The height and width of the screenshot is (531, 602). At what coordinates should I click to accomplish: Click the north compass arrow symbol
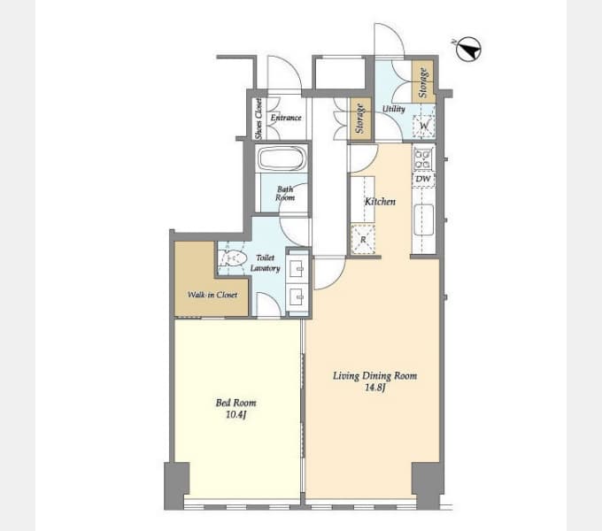tap(469, 50)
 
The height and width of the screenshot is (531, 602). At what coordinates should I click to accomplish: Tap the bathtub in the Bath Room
tap(282, 158)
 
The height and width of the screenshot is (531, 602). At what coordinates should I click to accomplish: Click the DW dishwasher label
tap(423, 179)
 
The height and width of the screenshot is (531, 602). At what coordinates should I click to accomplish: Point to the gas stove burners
tap(422, 159)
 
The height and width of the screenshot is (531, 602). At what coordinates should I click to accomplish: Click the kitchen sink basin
tap(424, 219)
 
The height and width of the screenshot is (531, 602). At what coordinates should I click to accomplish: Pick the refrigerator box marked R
tap(363, 240)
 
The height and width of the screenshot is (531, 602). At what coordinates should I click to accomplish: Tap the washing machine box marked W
tap(424, 126)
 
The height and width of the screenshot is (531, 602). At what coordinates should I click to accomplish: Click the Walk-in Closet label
tap(212, 295)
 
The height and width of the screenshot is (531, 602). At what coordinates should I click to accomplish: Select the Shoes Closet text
tap(259, 119)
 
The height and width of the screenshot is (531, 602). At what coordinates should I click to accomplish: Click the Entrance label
tap(286, 118)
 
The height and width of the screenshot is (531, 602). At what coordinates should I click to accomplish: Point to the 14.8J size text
tap(375, 388)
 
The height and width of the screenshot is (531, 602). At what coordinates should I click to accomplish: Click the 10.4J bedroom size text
tap(235, 414)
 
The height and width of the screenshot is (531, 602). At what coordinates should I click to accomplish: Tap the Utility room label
tap(394, 109)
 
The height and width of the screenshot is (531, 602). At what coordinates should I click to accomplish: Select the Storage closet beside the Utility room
tap(423, 81)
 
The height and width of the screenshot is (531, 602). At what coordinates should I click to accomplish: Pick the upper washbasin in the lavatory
tap(297, 268)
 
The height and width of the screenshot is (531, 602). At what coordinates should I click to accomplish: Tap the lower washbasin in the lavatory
tap(297, 296)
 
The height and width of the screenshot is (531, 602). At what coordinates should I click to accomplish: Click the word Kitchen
tap(380, 202)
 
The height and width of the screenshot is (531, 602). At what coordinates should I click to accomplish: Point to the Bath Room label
tap(285, 193)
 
